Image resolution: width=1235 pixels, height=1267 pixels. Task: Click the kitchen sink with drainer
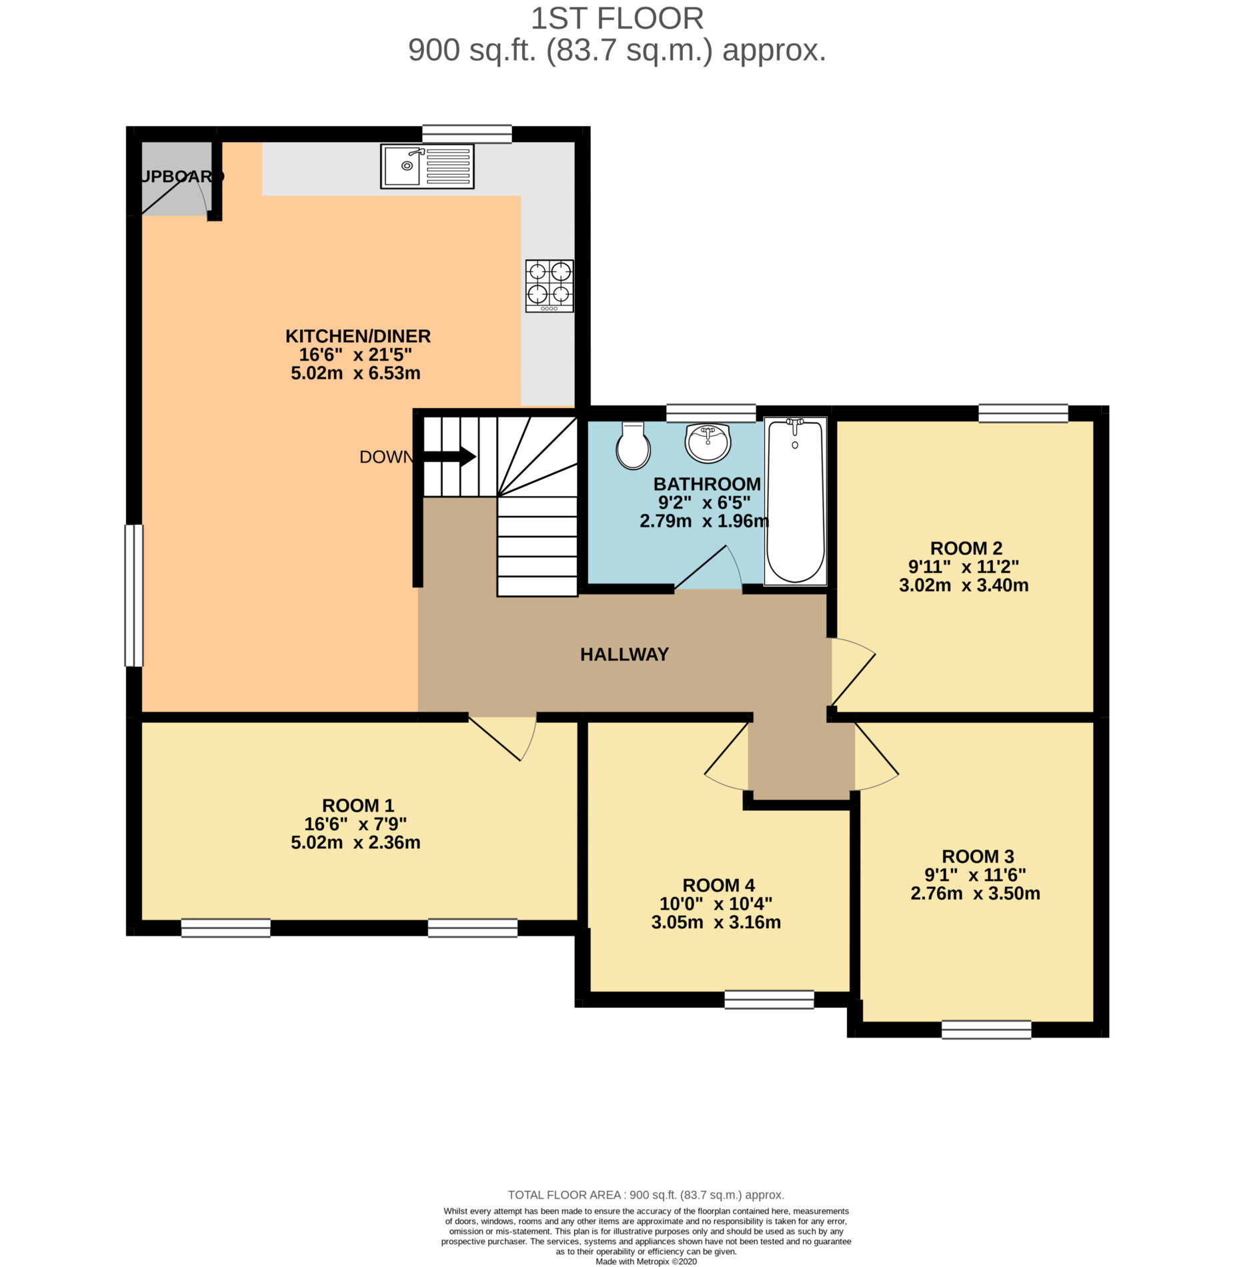pos(427,166)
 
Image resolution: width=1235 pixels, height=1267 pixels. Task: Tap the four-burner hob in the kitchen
pos(549,285)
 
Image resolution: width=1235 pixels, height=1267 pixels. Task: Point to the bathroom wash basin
pos(708,443)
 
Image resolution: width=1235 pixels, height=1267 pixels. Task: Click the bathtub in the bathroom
pos(795,501)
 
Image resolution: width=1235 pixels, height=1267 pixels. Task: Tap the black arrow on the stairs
pos(449,457)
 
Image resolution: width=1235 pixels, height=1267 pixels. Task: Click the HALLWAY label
pos(624,654)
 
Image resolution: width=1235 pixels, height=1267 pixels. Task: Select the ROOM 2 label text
pos(966,548)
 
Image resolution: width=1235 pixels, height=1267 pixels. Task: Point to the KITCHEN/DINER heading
pos(358,336)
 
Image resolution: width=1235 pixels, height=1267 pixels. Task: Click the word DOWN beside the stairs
pos(386,457)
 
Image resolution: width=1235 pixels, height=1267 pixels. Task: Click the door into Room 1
pos(503,738)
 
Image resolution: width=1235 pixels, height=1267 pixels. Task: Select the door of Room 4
pos(727,758)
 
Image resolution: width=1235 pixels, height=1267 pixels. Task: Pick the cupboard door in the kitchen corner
pos(174,196)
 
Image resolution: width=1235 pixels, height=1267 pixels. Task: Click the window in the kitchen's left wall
pos(134,595)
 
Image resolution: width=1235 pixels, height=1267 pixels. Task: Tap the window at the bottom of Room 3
pos(986,1029)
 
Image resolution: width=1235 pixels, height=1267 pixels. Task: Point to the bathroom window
pos(711,413)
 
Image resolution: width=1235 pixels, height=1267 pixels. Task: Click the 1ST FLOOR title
pos(617,19)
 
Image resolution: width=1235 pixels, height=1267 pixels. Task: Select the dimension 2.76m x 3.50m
pos(975,893)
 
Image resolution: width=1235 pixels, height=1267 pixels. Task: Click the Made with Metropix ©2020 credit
pos(646,1261)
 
